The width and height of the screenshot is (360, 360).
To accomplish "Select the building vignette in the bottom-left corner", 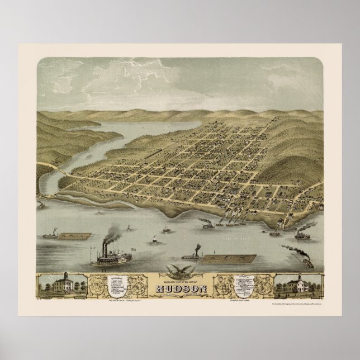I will point(61,285).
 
